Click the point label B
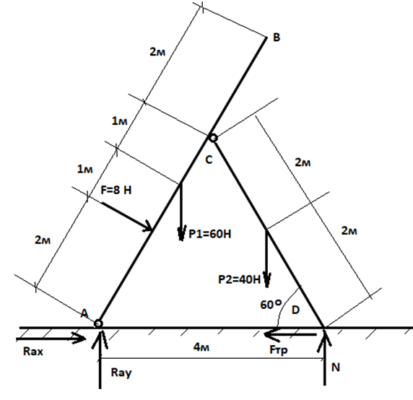click(x=277, y=38)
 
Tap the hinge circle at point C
click(x=213, y=138)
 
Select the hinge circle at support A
click(x=98, y=323)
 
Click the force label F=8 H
click(x=116, y=190)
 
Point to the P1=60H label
click(x=210, y=234)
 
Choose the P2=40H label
click(x=239, y=279)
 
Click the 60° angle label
click(x=271, y=305)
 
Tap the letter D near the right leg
click(x=296, y=310)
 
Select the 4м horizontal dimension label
click(x=201, y=347)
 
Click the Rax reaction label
click(x=33, y=352)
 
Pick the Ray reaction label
click(x=121, y=373)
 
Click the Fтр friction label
click(x=279, y=350)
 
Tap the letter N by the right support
click(x=336, y=367)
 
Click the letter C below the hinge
click(x=209, y=160)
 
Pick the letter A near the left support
click(x=84, y=313)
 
